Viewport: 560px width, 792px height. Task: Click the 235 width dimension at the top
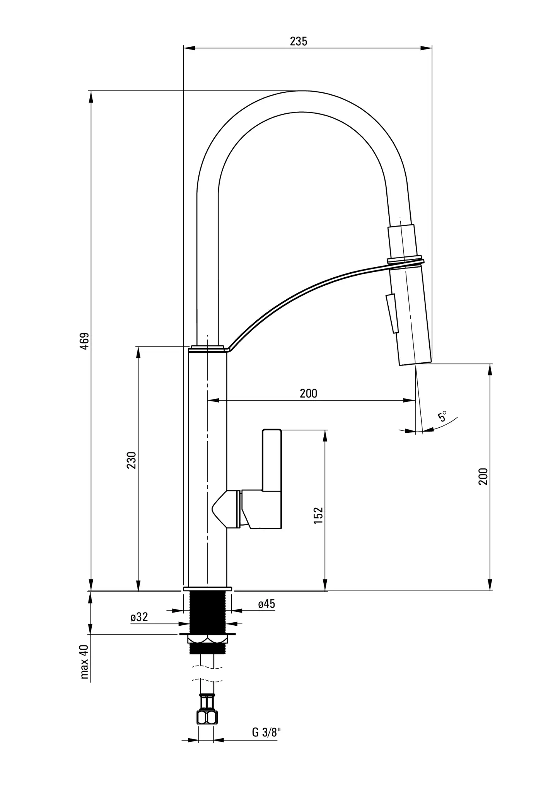click(x=299, y=41)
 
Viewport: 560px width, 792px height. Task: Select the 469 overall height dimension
click(x=84, y=341)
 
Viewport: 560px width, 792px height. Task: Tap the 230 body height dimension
click(x=131, y=460)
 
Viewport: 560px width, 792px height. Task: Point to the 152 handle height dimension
click(x=318, y=515)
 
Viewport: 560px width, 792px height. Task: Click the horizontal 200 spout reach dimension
click(x=308, y=393)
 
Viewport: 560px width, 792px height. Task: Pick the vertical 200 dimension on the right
click(x=483, y=476)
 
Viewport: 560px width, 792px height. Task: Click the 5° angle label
click(x=442, y=416)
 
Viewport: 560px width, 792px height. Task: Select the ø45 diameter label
click(x=266, y=604)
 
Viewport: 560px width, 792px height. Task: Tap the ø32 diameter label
click(x=139, y=617)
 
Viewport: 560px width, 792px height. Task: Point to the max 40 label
click(x=84, y=662)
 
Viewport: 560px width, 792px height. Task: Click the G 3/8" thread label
click(x=266, y=732)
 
